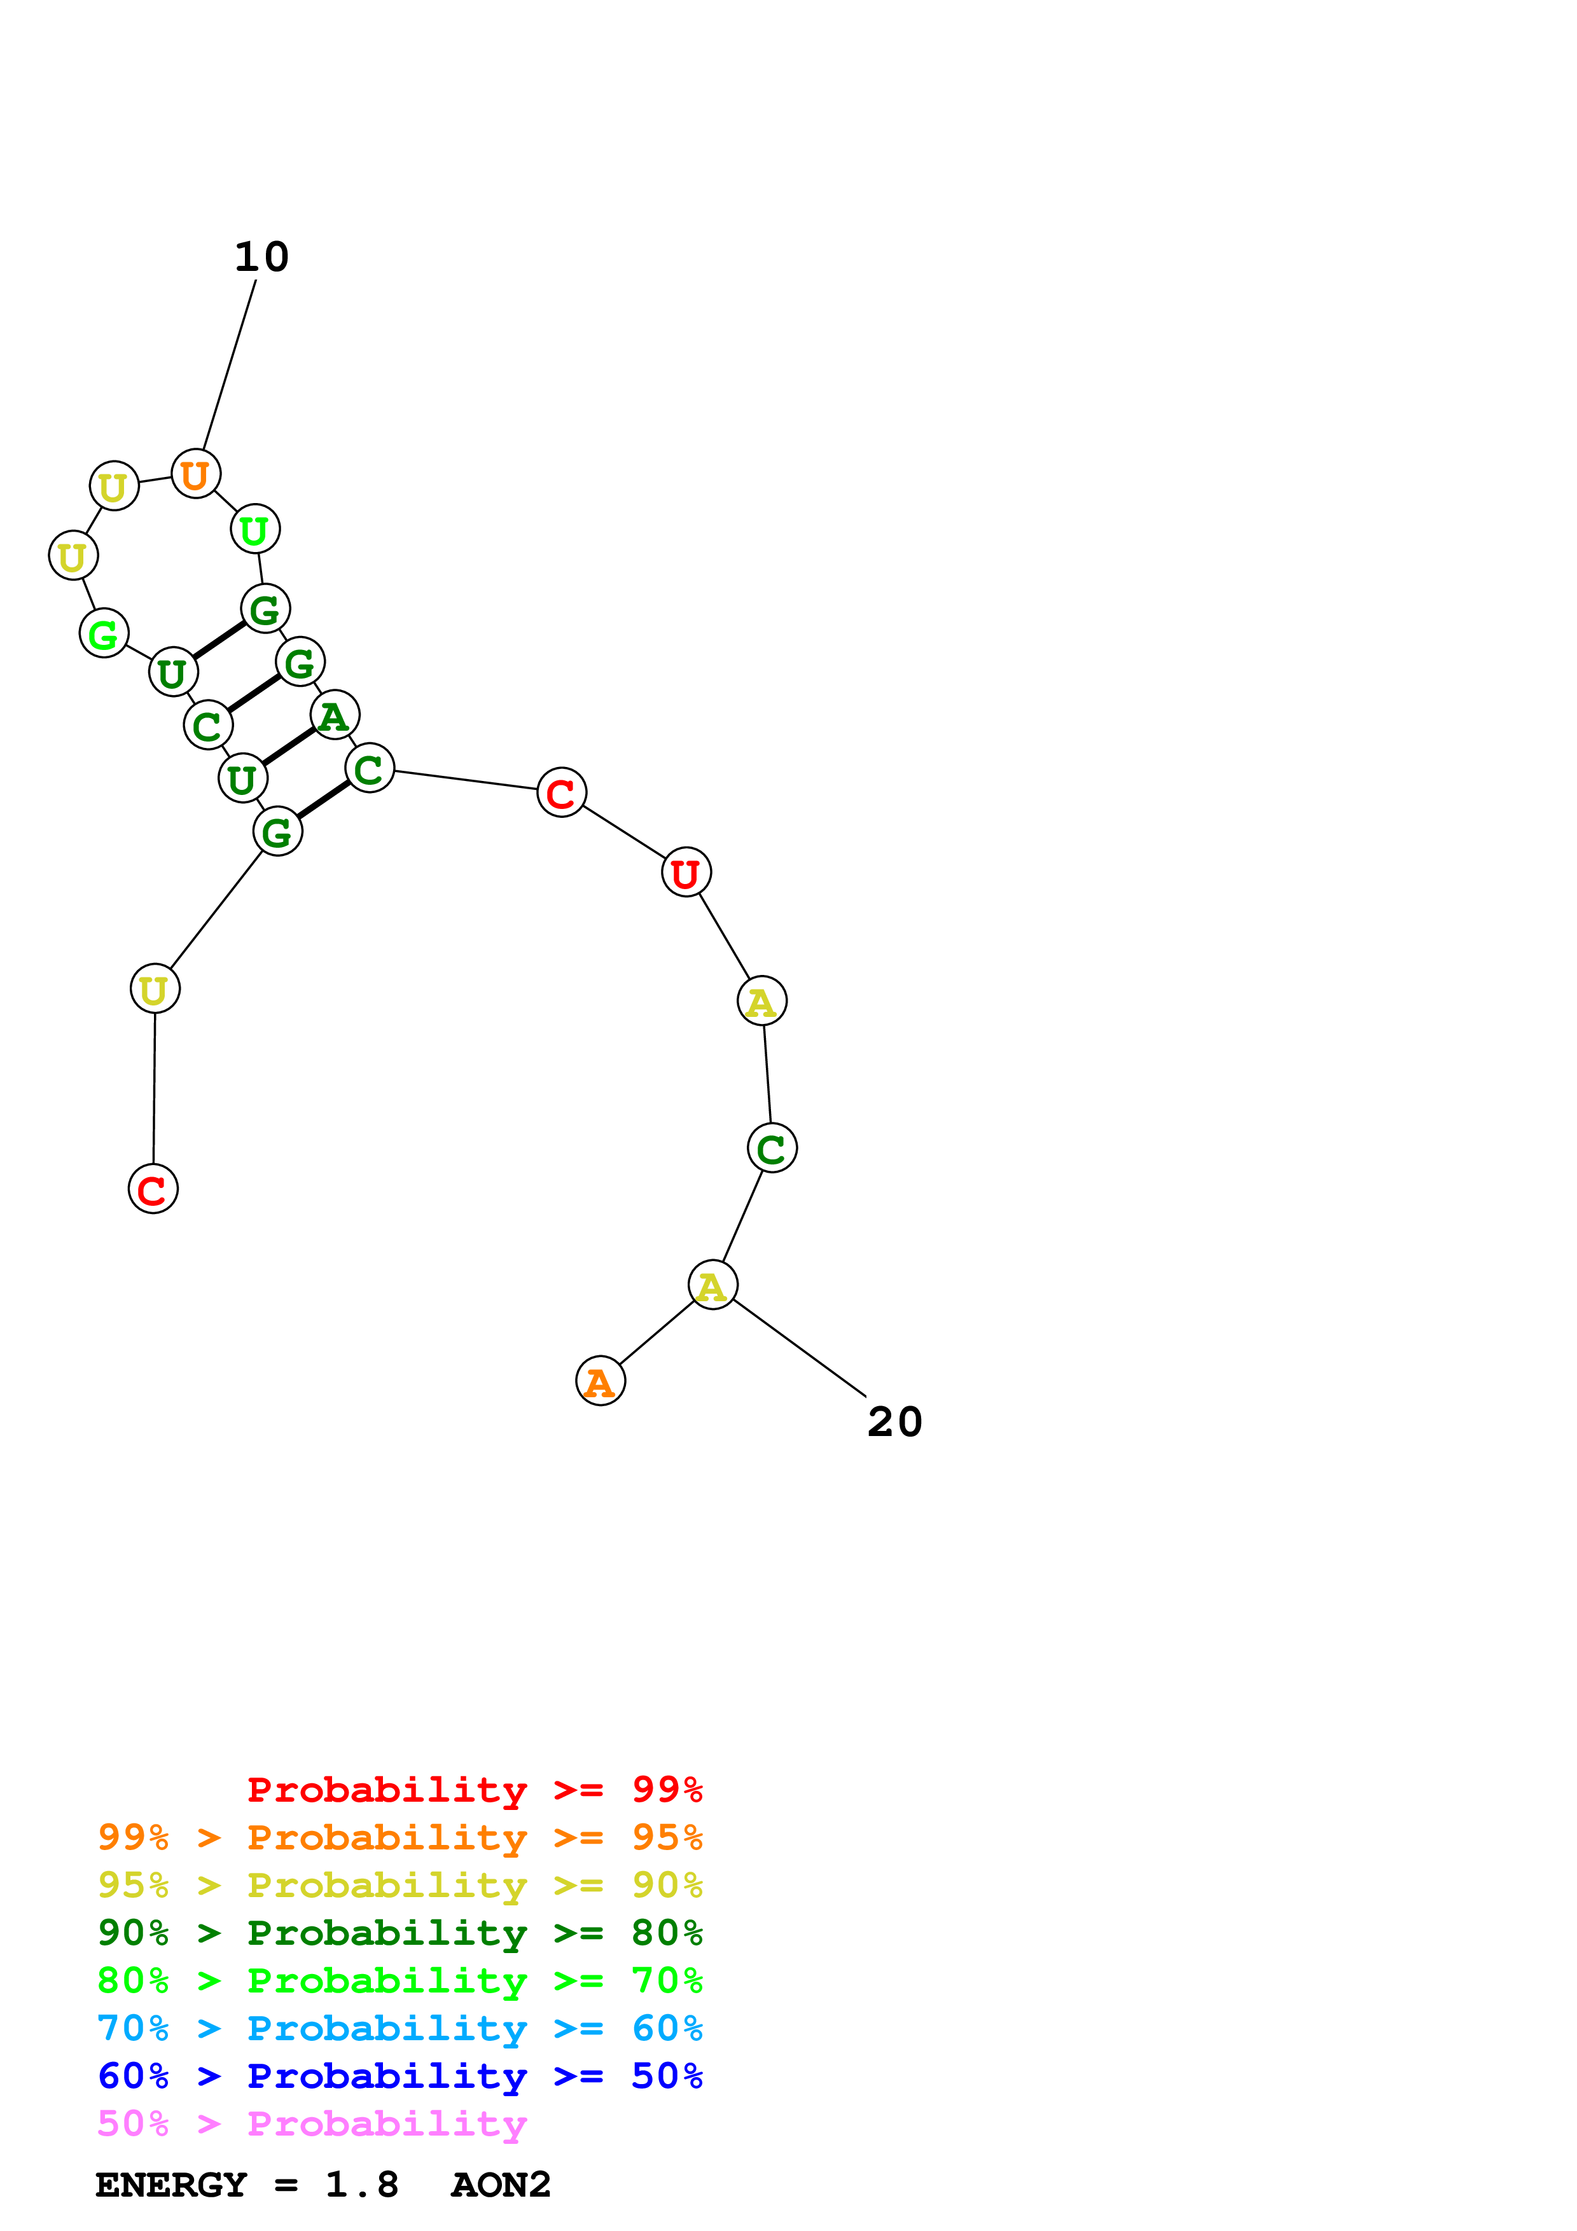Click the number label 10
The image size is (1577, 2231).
click(261, 258)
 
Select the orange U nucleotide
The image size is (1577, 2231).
click(195, 474)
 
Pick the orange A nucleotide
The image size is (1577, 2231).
click(601, 1381)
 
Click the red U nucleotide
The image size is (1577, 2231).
click(686, 873)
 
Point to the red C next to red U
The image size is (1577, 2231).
click(562, 793)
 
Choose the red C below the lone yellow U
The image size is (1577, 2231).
click(153, 1189)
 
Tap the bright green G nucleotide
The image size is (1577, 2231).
click(104, 633)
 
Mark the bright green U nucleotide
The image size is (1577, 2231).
click(254, 530)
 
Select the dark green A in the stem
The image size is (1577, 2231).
click(334, 715)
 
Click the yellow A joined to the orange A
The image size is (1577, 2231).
click(712, 1285)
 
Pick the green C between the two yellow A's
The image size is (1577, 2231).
click(772, 1149)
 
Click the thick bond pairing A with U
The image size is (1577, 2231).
click(289, 746)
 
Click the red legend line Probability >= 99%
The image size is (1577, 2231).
click(474, 1790)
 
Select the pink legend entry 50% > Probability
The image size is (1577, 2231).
click(312, 2124)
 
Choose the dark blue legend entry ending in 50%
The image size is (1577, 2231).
click(399, 2076)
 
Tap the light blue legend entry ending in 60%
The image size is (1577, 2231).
click(399, 2029)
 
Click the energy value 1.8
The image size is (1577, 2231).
click(361, 2185)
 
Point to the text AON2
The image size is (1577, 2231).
click(501, 2185)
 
